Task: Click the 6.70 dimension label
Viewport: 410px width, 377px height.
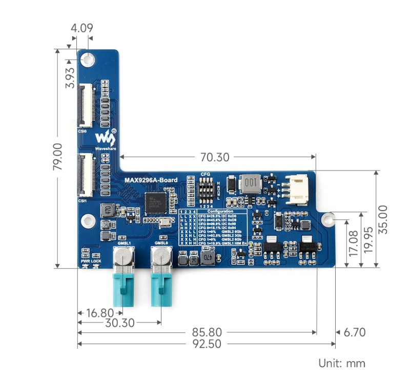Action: [354, 332]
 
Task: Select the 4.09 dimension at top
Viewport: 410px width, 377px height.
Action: [82, 28]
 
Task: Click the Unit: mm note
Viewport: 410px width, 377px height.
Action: [342, 363]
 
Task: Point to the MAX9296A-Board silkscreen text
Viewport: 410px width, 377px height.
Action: [151, 180]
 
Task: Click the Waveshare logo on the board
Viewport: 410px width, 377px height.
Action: [106, 139]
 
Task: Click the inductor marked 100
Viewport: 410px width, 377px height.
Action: [251, 183]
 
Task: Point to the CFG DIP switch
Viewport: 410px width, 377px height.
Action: [206, 191]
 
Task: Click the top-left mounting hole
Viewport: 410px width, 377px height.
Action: [89, 59]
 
